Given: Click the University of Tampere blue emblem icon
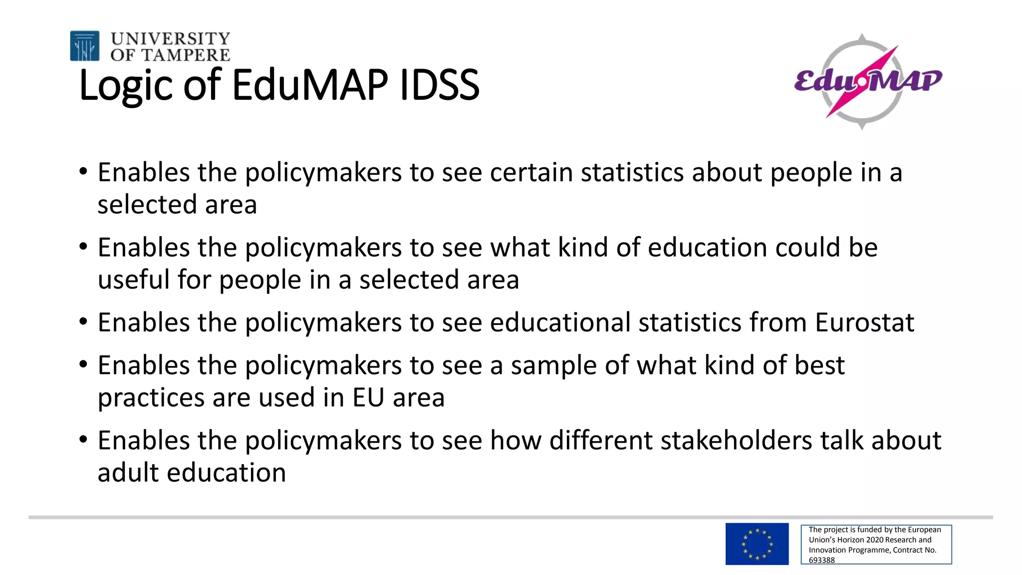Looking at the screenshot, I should pos(84,46).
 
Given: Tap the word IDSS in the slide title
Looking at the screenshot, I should pos(439,85).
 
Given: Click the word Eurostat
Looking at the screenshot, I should pos(864,322).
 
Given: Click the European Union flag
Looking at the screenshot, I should pos(757,544).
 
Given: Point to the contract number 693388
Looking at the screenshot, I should pos(821,560).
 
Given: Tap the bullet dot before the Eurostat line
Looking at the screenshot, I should pos(83,321).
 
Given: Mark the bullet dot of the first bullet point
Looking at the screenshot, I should pos(83,171).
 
